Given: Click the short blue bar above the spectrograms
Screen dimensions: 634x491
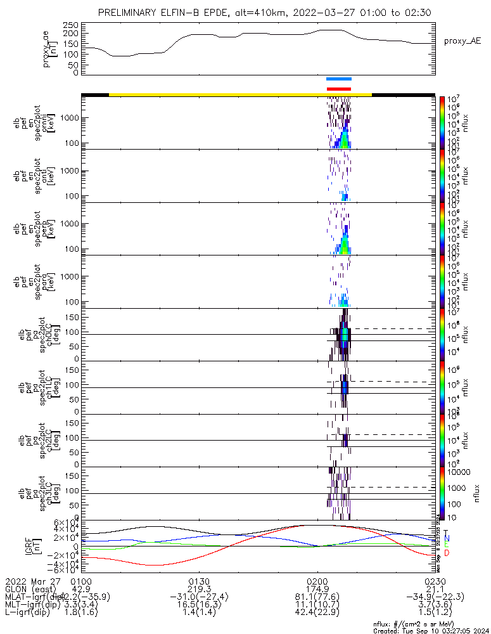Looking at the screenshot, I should point(338,79).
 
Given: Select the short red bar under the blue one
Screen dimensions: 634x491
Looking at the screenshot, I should point(338,89).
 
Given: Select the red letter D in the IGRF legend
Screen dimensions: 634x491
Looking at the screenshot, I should point(446,553).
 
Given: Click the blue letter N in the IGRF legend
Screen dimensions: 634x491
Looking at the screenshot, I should point(446,539).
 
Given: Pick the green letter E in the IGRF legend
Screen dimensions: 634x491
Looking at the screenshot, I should point(446,546).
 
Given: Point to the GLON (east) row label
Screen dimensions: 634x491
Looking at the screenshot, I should point(31,589).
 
